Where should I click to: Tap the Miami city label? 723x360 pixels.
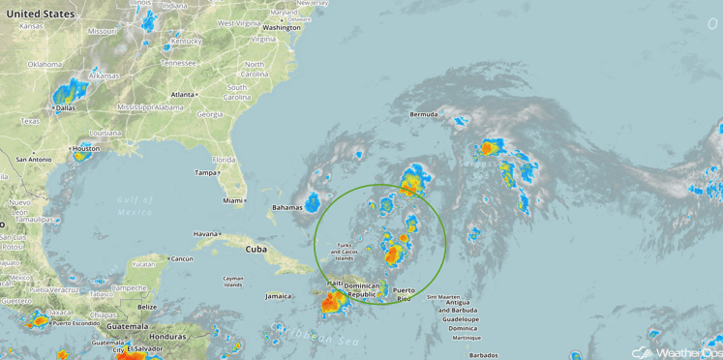point(232,200)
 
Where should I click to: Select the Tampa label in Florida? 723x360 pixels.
point(205,173)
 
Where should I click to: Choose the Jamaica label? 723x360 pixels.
point(278,296)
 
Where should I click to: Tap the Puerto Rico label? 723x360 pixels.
point(404,294)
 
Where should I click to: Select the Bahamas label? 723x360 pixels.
point(286,207)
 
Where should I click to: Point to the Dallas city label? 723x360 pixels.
point(66,108)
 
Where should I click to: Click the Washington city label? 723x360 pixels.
point(281,27)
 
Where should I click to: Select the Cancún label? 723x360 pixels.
point(180,259)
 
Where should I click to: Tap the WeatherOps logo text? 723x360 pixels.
point(688,352)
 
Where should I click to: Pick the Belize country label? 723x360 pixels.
point(147,307)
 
